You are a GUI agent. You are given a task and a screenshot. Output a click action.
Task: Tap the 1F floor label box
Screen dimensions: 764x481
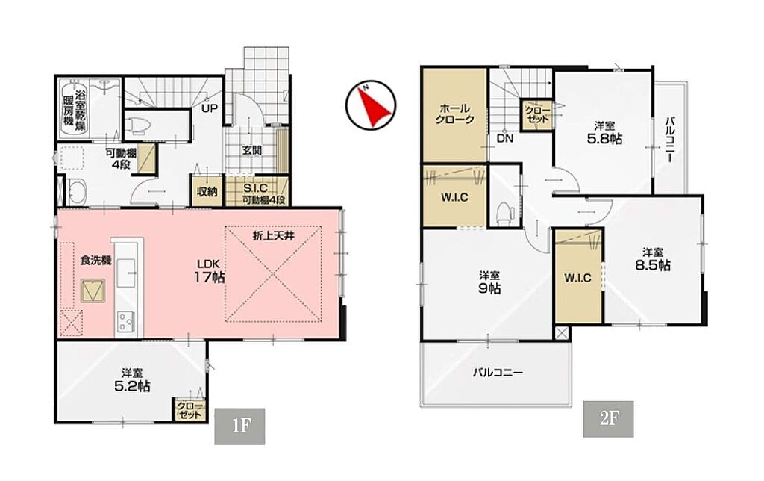(x=239, y=426)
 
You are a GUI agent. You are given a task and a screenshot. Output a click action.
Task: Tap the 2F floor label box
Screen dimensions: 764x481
(x=609, y=418)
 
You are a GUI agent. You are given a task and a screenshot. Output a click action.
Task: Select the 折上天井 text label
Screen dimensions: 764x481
(x=273, y=235)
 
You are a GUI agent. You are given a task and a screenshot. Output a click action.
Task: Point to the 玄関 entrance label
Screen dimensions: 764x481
(x=252, y=150)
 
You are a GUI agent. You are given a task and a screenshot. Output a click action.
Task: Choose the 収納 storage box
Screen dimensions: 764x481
(x=207, y=190)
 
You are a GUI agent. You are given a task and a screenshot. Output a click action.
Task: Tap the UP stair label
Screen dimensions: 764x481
(x=210, y=108)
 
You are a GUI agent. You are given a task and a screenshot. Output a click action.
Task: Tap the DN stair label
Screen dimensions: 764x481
(x=505, y=138)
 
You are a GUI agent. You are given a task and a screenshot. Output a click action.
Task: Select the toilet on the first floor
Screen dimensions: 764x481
(x=140, y=126)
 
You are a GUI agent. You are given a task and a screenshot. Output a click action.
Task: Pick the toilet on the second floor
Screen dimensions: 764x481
(x=504, y=214)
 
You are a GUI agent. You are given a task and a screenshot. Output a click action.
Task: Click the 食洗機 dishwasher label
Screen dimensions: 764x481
(x=95, y=261)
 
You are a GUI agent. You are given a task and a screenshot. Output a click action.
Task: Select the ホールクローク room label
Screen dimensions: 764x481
(x=454, y=114)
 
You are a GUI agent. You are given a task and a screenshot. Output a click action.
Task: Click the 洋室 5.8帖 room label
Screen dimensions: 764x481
(x=604, y=133)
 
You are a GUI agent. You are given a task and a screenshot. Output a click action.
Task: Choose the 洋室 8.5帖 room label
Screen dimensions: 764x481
(x=652, y=259)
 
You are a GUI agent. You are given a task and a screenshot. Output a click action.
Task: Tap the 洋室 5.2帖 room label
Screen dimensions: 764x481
(x=132, y=380)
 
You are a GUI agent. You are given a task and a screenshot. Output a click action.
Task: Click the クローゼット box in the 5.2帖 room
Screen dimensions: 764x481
(x=190, y=410)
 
